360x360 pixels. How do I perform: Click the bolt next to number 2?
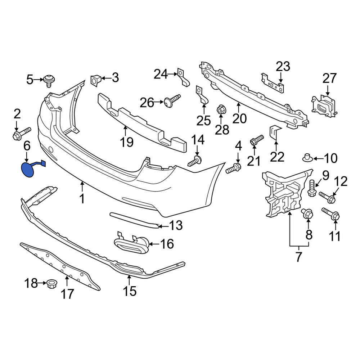22,134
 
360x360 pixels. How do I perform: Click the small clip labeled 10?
307,158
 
